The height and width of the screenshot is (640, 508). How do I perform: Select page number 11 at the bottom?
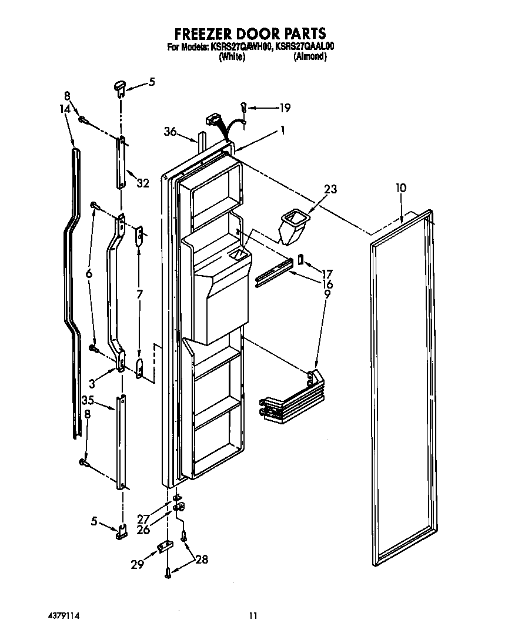253,616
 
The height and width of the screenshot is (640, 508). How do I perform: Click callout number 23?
330,189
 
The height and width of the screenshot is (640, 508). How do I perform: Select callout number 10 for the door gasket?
400,189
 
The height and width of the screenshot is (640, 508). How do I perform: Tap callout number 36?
170,132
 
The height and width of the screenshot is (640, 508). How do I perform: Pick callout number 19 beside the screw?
285,108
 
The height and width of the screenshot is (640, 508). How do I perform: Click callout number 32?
143,183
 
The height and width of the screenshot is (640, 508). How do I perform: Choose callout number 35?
88,401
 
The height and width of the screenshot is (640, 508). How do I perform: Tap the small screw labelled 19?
243,106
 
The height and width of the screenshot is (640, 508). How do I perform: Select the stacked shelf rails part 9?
290,403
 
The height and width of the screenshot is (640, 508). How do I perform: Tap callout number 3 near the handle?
92,383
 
